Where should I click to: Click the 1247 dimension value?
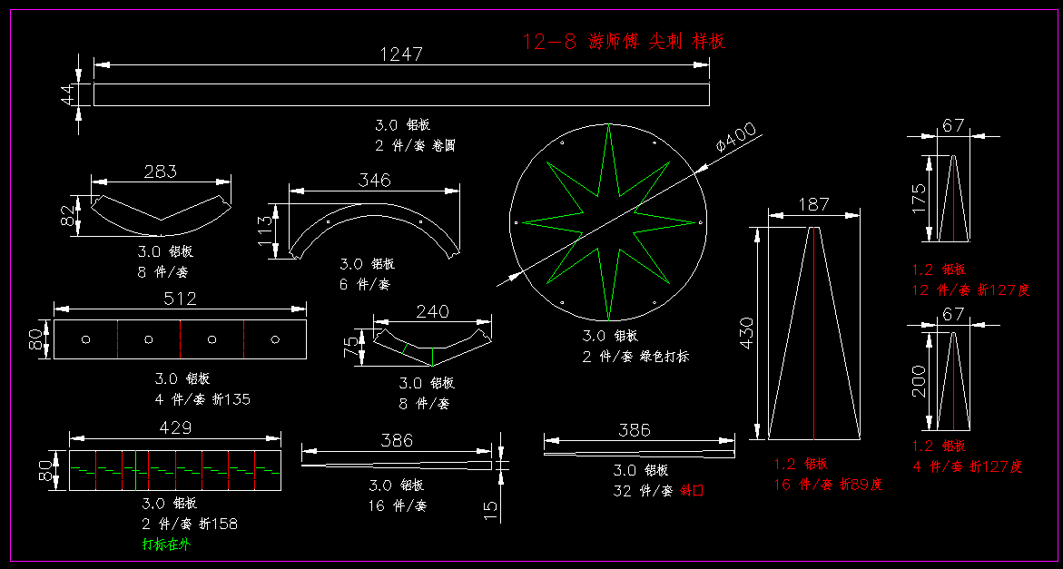pos(400,54)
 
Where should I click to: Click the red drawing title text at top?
pos(624,41)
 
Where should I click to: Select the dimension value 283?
pos(160,171)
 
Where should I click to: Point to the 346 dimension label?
pos(374,180)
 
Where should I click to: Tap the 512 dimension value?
pos(180,299)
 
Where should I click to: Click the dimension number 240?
pos(432,311)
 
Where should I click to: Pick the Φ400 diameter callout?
pos(735,137)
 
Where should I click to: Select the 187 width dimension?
pos(813,205)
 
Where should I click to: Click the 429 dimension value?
pos(175,427)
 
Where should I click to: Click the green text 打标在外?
pos(166,544)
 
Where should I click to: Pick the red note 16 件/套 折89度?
pos(827,485)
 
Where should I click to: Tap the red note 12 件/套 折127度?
pos(970,290)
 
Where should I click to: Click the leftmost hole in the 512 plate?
pos(85,339)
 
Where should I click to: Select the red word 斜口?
pos(691,490)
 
